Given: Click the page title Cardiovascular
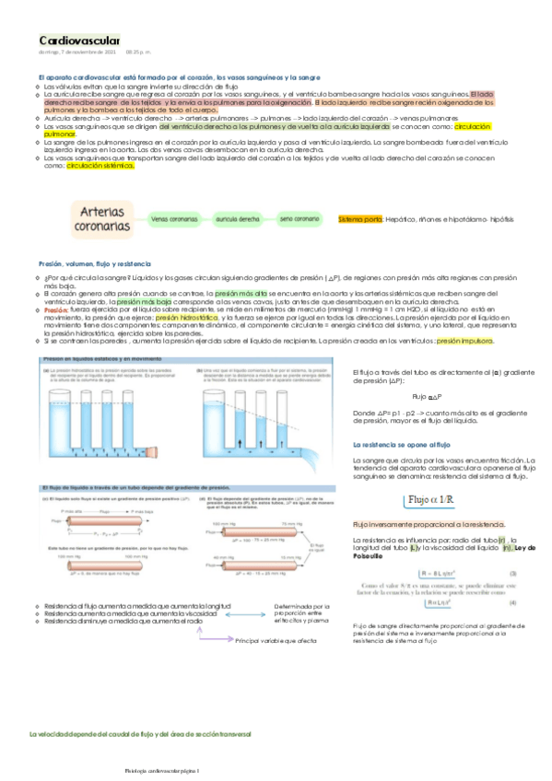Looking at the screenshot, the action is coord(79,41).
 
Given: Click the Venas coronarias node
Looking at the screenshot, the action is coord(174,219).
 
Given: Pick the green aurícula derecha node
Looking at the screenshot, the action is coord(238,219).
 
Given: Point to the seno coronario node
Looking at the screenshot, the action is coord(299,219).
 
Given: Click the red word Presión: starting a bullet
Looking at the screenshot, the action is coord(55,310).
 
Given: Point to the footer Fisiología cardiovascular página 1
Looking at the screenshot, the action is coord(166,770).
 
